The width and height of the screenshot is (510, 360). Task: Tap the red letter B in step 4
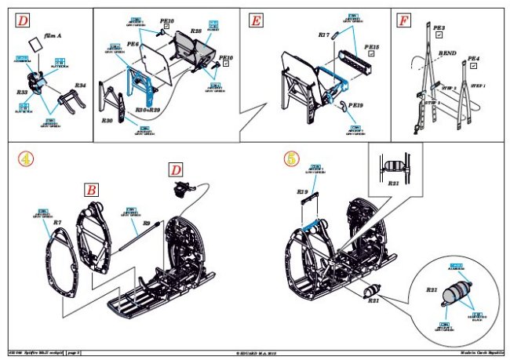click(x=92, y=190)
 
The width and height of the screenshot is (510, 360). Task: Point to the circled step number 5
click(x=291, y=158)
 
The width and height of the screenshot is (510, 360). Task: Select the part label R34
click(x=79, y=85)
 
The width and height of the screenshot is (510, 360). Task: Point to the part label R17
click(x=324, y=35)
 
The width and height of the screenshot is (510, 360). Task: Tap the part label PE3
click(x=439, y=27)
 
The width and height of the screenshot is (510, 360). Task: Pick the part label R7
click(x=57, y=222)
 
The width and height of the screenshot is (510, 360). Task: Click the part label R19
click(x=302, y=191)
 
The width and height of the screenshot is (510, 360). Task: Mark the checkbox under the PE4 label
click(x=472, y=67)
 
